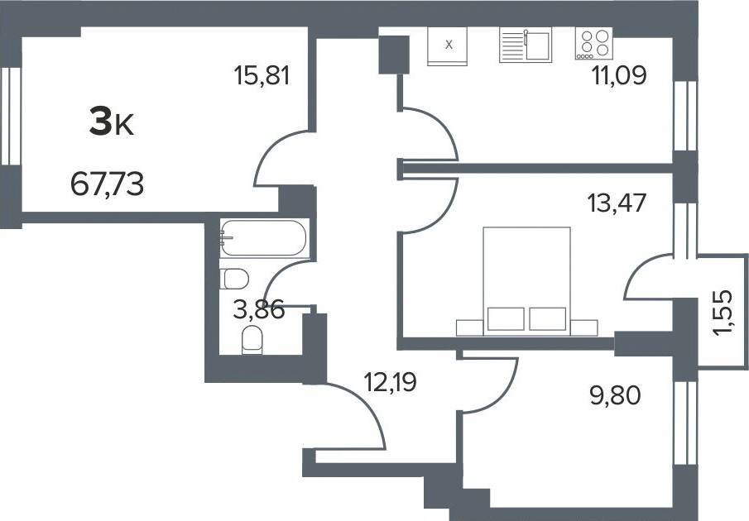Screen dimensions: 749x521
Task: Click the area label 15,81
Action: [x=262, y=75]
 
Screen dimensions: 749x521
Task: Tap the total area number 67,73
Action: [x=107, y=184]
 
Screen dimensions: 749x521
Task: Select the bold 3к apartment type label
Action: [x=112, y=122]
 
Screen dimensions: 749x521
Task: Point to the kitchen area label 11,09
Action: [x=619, y=75]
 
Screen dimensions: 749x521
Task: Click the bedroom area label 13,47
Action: [x=617, y=203]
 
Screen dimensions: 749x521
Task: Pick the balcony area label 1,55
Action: [x=723, y=313]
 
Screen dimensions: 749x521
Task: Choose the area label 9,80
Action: [x=615, y=395]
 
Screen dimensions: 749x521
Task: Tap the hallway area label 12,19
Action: [x=390, y=382]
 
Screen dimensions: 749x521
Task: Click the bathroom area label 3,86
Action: [x=259, y=309]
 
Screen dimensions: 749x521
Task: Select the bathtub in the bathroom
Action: [x=265, y=238]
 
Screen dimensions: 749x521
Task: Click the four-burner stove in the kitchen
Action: [x=593, y=43]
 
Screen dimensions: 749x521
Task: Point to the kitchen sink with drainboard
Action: [x=526, y=45]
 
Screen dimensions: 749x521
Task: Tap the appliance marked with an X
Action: [x=447, y=45]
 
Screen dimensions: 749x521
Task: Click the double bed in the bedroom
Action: [x=527, y=281]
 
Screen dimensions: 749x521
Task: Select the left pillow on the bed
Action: [x=506, y=318]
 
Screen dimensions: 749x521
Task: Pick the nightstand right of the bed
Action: [x=584, y=327]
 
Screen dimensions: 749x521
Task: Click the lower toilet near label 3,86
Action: [x=252, y=340]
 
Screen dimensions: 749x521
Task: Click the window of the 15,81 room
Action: [x=11, y=116]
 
